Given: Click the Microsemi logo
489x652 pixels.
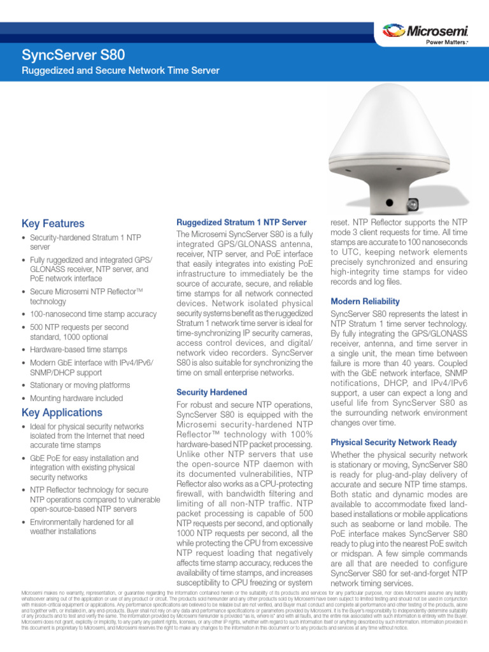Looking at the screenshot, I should pyautogui.click(x=425, y=31).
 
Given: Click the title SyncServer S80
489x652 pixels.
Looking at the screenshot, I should pyautogui.click(x=73, y=55).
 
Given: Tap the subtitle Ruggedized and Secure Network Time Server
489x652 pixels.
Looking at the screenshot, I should pyautogui.click(x=120, y=70).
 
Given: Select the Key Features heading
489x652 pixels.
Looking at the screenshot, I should pyautogui.click(x=53, y=223).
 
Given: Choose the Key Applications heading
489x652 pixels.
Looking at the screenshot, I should pyautogui.click(x=62, y=412).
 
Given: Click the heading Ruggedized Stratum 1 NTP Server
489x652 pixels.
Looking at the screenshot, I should pyautogui.click(x=241, y=222).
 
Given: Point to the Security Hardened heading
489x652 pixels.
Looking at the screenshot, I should pyautogui.click(x=211, y=392).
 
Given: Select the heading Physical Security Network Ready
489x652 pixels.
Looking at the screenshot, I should pyautogui.click(x=393, y=442).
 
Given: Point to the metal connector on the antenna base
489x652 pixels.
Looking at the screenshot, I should pyautogui.click(x=413, y=204).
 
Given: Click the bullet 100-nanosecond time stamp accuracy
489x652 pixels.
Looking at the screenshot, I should pyautogui.click(x=93, y=314).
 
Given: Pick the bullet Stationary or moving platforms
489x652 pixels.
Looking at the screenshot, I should pyautogui.click(x=80, y=385).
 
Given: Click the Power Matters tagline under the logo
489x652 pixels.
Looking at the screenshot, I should pyautogui.click(x=446, y=43).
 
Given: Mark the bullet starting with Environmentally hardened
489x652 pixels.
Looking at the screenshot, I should pyautogui.click(x=81, y=527).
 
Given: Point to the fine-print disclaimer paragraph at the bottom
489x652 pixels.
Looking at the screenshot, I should pyautogui.click(x=244, y=611).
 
